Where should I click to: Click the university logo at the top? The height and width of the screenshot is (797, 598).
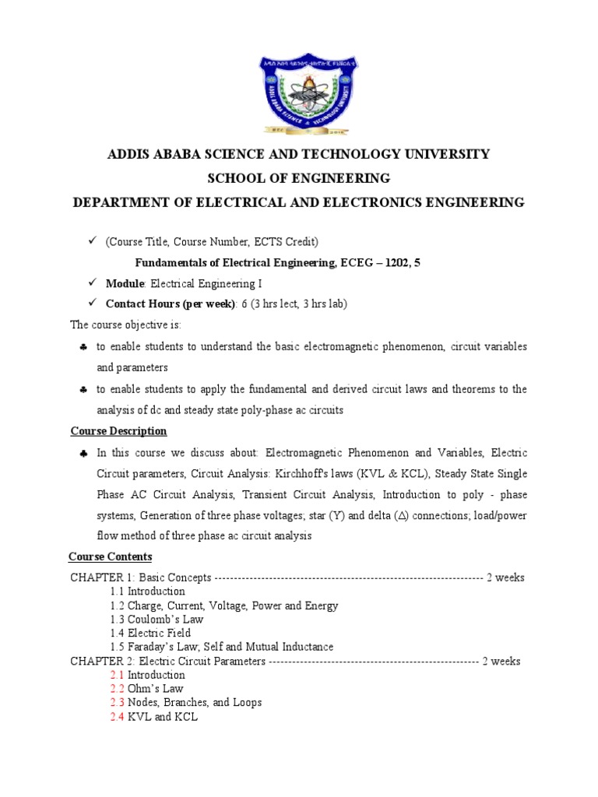[299, 94]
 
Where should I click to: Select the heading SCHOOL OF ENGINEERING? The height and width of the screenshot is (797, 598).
[298, 178]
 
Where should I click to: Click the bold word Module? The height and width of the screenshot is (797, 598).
[125, 283]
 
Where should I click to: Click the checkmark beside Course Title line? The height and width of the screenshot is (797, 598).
[90, 242]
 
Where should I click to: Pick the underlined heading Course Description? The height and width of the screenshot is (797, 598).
[118, 430]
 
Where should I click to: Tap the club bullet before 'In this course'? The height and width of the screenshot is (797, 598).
[83, 453]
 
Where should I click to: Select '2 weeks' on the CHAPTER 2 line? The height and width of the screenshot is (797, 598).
[501, 662]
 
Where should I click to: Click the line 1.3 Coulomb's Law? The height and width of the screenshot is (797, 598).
[156, 620]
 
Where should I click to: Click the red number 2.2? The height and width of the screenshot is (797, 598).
[117, 689]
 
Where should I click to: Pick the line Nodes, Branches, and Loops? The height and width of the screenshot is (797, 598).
[195, 703]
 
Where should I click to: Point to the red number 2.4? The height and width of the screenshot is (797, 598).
[117, 717]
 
